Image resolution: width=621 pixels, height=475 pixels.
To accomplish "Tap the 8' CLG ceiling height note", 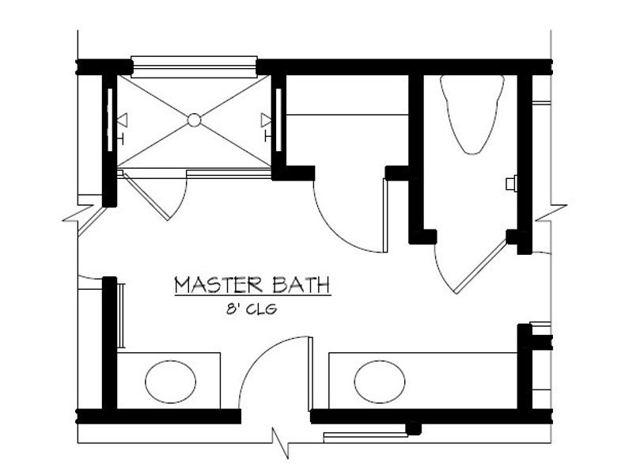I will (x=252, y=310).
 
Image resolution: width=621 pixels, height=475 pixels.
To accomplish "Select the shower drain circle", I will (x=195, y=120).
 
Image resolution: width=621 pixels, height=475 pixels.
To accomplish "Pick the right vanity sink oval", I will (x=374, y=382).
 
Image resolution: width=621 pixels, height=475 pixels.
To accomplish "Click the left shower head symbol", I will (x=122, y=120).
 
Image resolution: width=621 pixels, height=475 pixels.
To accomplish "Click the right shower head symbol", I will (x=267, y=120).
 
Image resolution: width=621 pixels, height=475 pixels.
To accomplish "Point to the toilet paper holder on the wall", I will (x=510, y=184).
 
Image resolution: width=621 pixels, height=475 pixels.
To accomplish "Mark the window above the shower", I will (x=194, y=62).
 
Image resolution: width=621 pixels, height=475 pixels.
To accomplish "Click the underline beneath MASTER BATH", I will (x=252, y=297).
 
